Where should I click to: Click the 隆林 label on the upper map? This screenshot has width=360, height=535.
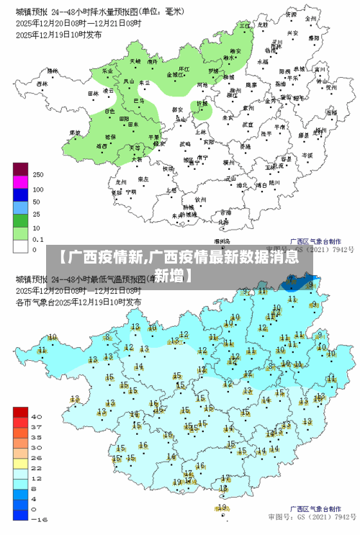[x=53, y=72]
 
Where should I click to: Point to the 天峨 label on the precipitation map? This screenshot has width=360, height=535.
[x=135, y=62]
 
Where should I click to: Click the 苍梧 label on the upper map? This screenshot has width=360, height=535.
[x=311, y=142]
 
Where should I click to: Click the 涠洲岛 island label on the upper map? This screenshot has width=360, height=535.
[x=222, y=241]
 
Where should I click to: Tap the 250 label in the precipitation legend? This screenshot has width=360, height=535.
[x=38, y=174]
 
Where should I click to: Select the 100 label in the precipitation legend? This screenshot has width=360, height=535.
[x=38, y=189]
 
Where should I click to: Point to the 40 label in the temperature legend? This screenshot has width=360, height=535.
[x=37, y=415]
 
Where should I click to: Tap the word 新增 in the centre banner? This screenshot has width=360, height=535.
[x=172, y=275]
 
